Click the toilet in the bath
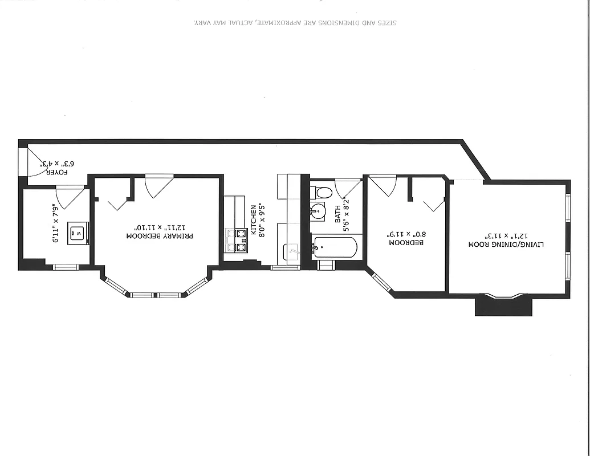tap(323, 192)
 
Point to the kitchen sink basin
tap(291, 249)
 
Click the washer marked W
tap(79, 233)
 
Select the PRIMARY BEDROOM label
tap(160, 236)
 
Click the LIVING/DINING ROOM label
tap(506, 243)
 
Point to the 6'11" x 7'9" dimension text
tap(55, 223)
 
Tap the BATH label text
tap(337, 214)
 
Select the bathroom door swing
tap(348, 188)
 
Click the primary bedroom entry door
tap(158, 185)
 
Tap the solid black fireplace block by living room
tap(503, 306)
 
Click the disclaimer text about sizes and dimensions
tap(295, 23)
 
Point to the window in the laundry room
tap(65, 267)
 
